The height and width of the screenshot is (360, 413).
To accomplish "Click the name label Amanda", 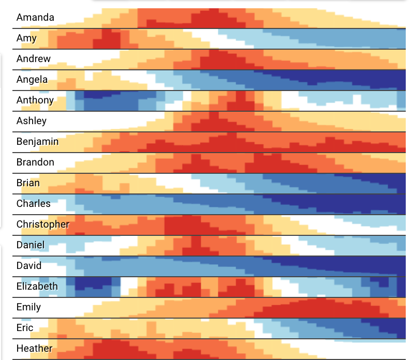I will pos(35,18).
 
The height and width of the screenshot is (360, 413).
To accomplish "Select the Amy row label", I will pos(26,38).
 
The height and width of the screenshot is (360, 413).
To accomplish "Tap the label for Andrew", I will pos(34,59).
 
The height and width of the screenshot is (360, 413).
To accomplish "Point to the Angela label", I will pos(32,80).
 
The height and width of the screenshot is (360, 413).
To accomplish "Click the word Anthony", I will pos(35,100).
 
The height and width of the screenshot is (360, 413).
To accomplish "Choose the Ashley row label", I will pos(32,121).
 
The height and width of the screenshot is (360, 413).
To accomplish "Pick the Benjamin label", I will pos(37,142).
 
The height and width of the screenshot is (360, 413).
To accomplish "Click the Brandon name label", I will pos(35,162).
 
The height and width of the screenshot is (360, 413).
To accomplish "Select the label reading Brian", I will pos(28,183).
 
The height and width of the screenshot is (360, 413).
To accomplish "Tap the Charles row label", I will pos(34,204).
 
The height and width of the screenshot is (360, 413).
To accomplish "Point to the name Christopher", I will pos(42,224).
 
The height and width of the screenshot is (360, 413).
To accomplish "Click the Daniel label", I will pos(31,245).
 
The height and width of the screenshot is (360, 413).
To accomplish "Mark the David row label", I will pos(29,266).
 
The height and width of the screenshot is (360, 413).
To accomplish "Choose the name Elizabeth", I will pos(37,287).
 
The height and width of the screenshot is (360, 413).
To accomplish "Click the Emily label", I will pos(28,307).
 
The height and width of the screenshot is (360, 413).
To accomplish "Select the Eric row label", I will pos(25,328).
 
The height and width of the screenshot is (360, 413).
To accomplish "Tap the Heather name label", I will pos(34,349).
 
